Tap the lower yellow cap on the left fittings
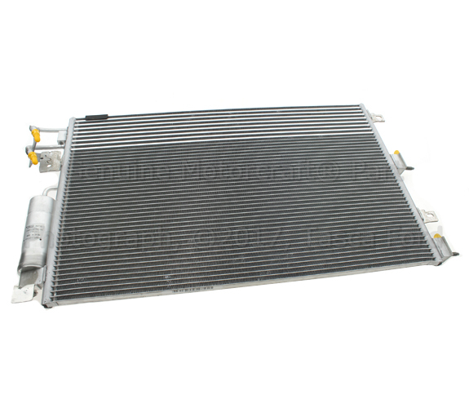[32, 155]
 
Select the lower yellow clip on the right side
[438, 237]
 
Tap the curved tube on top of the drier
[51, 192]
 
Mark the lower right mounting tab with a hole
[429, 215]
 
